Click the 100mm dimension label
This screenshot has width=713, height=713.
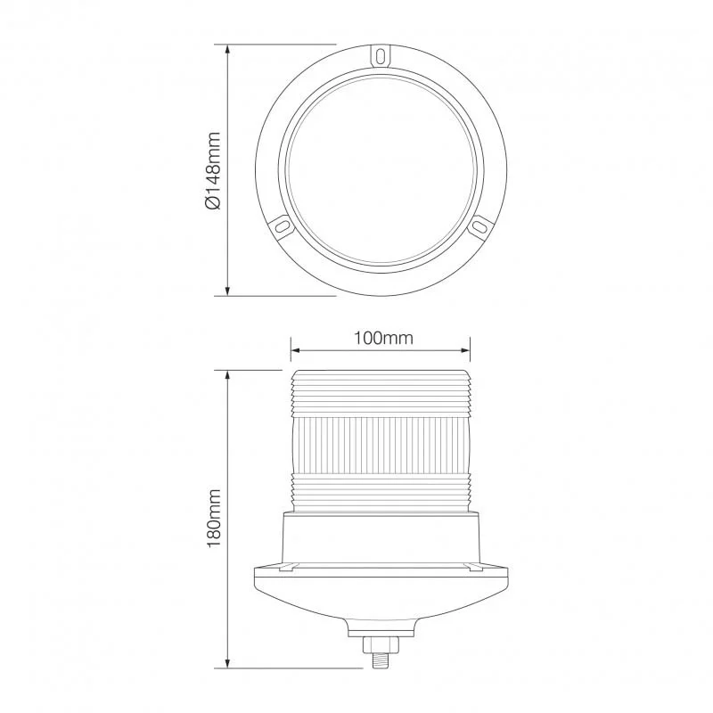point(381,338)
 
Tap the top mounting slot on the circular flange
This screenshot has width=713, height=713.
point(381,56)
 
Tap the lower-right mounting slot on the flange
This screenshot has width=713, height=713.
point(479,227)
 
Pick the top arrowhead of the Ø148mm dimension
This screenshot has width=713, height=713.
point(229,51)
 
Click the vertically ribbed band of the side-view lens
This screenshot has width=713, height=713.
point(381,446)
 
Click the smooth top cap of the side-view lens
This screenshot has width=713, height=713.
point(381,378)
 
